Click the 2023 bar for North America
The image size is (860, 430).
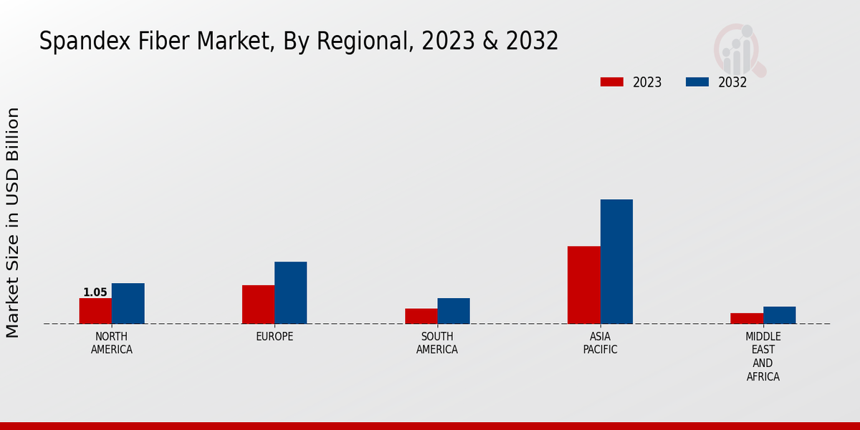(x=95, y=311)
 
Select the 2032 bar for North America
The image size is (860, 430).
(x=128, y=304)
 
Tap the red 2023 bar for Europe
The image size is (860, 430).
(x=258, y=305)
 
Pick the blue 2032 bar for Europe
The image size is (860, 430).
(x=290, y=292)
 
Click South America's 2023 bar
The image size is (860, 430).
(x=421, y=316)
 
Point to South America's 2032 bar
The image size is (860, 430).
(x=454, y=311)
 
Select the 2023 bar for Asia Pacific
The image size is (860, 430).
(x=583, y=285)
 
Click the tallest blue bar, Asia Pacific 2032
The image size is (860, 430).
(x=616, y=262)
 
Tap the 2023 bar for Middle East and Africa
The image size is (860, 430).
(x=747, y=318)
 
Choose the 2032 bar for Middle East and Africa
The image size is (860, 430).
(x=779, y=315)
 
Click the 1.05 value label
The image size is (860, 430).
(x=95, y=292)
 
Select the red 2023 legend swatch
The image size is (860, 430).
(x=612, y=82)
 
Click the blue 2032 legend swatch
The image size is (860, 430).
(x=697, y=82)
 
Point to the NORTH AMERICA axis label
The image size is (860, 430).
(x=111, y=343)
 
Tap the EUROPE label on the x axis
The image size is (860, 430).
(x=274, y=337)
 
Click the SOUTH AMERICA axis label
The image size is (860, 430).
(x=437, y=343)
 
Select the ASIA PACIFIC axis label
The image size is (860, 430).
(x=600, y=343)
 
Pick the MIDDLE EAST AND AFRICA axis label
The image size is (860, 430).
(x=763, y=357)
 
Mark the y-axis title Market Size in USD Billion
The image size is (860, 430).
(x=13, y=222)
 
